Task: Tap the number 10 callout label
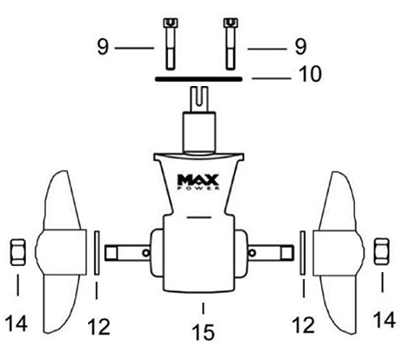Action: (310, 74)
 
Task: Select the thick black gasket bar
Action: (198, 79)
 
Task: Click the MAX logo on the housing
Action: (198, 180)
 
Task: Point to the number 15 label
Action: (203, 332)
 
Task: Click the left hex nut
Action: (18, 252)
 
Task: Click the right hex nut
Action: (381, 251)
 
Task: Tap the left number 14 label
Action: (17, 323)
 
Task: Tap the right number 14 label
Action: (384, 320)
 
